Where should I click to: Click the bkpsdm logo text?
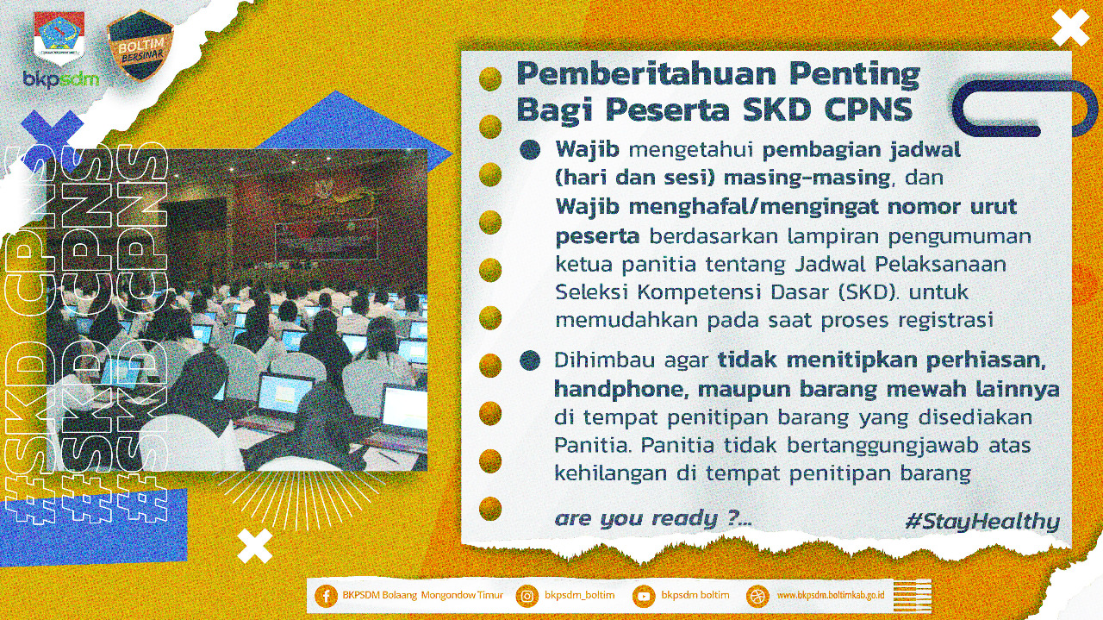tap(61, 78)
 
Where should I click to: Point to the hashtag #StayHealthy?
tap(982, 522)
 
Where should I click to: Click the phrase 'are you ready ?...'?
tap(653, 519)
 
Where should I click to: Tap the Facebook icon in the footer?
tap(326, 596)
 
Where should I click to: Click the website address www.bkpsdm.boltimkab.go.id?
tap(831, 595)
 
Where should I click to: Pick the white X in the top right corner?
tap(1070, 28)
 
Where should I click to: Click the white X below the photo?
tap(254, 546)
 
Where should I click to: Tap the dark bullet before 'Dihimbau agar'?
tap(530, 360)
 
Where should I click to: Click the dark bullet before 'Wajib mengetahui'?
tap(530, 149)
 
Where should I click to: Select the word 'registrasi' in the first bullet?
tap(945, 321)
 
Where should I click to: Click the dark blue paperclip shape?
tap(1025, 108)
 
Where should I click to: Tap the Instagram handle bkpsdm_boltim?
tap(580, 595)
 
